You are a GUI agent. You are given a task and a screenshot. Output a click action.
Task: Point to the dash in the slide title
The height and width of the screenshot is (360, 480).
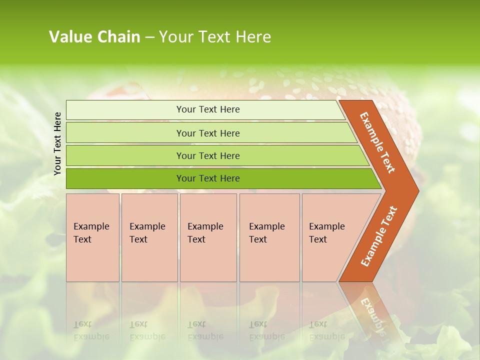149,37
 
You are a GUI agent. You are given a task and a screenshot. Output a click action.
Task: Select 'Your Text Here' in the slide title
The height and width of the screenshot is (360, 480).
215,36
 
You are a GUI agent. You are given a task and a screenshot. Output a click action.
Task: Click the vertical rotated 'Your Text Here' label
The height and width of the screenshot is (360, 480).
57,143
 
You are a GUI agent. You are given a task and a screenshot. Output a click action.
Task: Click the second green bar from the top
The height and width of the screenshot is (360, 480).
208,133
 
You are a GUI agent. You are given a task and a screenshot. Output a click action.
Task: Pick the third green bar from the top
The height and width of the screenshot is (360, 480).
208,155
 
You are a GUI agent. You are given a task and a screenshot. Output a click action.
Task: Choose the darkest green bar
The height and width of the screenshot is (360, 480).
208,178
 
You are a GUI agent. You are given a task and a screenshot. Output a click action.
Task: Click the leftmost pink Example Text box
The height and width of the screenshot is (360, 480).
92,237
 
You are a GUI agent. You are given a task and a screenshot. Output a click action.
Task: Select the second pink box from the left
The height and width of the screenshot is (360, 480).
149,237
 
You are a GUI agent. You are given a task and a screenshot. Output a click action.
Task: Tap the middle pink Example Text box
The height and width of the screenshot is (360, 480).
208,237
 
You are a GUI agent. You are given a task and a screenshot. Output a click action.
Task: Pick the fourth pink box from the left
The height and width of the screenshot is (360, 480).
269,237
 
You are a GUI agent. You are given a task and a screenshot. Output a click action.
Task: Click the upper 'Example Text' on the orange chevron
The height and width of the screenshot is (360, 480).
377,142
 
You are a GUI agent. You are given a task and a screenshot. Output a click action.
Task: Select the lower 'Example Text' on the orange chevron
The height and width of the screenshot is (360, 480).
379,236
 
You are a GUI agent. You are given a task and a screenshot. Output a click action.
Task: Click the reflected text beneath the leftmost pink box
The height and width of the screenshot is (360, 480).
91,330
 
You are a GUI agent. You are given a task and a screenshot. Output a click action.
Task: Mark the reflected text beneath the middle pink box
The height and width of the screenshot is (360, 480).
205,330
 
